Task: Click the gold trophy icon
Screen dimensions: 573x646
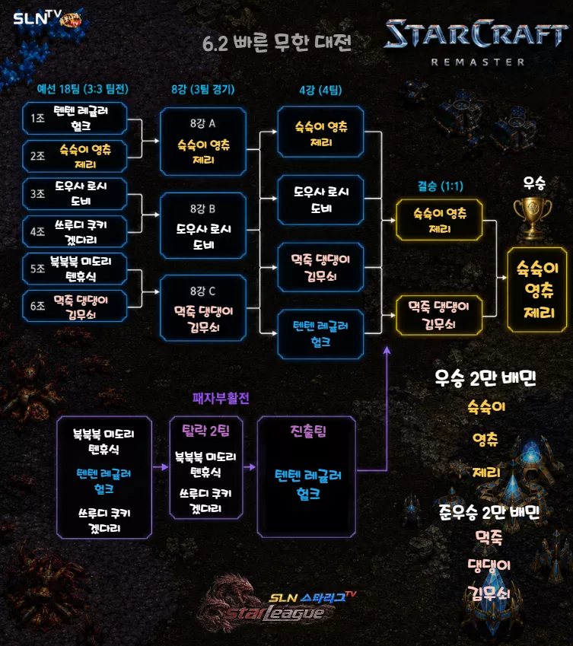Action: coord(533,217)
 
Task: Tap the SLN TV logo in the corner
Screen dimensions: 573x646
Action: coord(47,18)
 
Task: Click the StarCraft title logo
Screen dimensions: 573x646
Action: coord(476,33)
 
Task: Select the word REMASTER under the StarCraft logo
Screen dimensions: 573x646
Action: coord(478,62)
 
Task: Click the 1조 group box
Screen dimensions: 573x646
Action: coord(75,119)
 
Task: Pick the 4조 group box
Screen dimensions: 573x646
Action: coord(75,231)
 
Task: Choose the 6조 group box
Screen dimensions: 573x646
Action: coord(75,306)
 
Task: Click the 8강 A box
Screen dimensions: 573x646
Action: coord(203,142)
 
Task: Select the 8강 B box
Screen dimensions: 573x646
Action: coord(203,226)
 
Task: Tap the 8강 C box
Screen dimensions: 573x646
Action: coord(203,308)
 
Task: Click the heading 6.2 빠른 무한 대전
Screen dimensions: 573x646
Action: coord(277,43)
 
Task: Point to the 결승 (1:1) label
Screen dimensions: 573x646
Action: coord(441,186)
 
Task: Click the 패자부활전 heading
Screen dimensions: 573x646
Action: coord(221,398)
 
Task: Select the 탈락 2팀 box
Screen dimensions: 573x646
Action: coord(206,468)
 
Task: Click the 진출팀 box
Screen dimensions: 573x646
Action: coord(307,476)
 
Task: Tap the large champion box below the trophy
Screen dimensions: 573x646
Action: coord(537,290)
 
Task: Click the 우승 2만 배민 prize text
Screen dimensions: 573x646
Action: coord(485,378)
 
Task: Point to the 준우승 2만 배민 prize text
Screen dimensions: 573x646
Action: coord(489,512)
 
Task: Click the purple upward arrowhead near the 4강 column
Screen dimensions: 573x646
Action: coord(387,350)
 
